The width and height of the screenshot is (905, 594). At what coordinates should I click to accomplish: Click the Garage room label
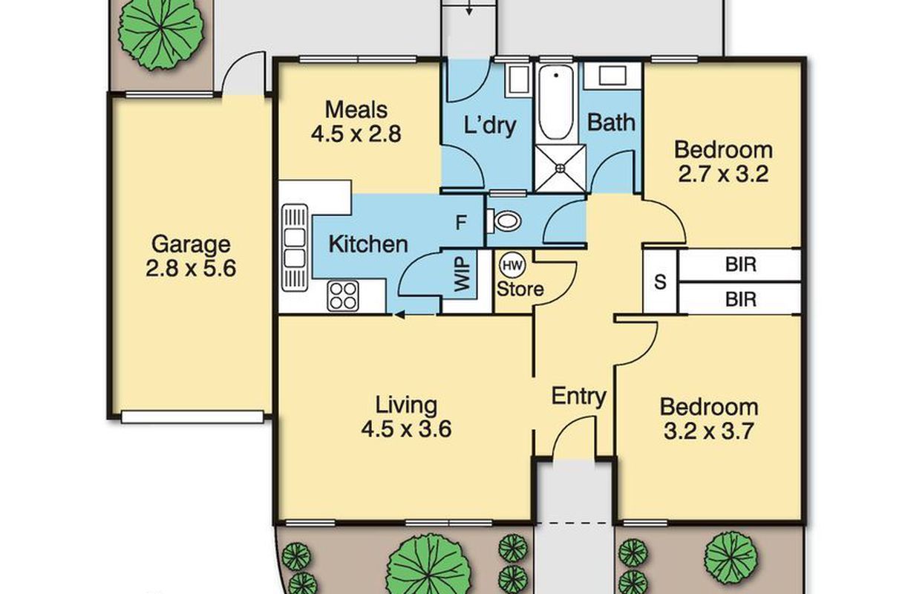[191, 244]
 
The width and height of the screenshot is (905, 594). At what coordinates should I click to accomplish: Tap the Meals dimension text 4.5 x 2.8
[356, 134]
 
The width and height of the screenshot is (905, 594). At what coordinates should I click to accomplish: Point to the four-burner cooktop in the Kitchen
[343, 296]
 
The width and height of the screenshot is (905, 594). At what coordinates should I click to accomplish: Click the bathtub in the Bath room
[556, 103]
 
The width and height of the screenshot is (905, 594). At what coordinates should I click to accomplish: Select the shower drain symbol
[561, 168]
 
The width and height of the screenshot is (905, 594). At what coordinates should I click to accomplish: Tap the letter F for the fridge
[461, 222]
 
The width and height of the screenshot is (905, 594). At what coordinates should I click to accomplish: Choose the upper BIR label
[741, 264]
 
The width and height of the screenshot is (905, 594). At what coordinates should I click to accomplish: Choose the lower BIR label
[741, 300]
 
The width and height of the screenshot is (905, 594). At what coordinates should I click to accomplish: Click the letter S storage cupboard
[660, 282]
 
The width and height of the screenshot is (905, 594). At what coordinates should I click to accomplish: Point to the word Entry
[579, 396]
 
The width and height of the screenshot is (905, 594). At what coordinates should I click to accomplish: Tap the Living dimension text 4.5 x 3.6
[406, 429]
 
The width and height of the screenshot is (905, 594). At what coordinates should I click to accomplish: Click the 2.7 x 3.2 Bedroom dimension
[723, 174]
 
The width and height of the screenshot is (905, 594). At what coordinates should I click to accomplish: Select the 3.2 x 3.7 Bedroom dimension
[709, 431]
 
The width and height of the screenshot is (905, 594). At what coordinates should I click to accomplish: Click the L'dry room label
[490, 125]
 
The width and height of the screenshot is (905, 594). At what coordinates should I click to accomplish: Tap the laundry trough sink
[518, 81]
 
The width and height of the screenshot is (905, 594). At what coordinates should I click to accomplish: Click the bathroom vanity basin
[612, 76]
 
